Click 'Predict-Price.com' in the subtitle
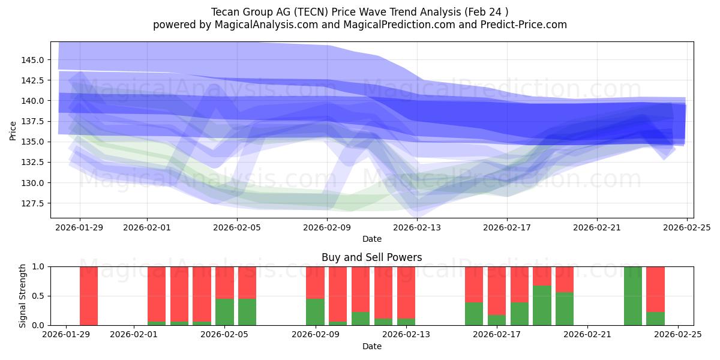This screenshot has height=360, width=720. [521, 25]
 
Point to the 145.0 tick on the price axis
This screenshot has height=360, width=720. [33, 60]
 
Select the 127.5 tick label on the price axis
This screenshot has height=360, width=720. [33, 203]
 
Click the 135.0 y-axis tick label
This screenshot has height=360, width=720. [33, 142]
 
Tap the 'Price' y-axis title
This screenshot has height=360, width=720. [13, 130]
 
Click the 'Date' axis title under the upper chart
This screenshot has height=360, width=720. [371, 239]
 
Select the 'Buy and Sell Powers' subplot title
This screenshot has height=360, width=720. [371, 257]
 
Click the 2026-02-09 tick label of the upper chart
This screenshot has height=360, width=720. [327, 227]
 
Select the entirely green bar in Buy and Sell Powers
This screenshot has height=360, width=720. [632, 296]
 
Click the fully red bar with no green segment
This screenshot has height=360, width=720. [89, 296]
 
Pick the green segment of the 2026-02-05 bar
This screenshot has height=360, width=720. [224, 312]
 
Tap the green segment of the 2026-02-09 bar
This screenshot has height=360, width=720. [315, 312]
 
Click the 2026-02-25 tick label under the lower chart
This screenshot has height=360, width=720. [678, 335]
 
